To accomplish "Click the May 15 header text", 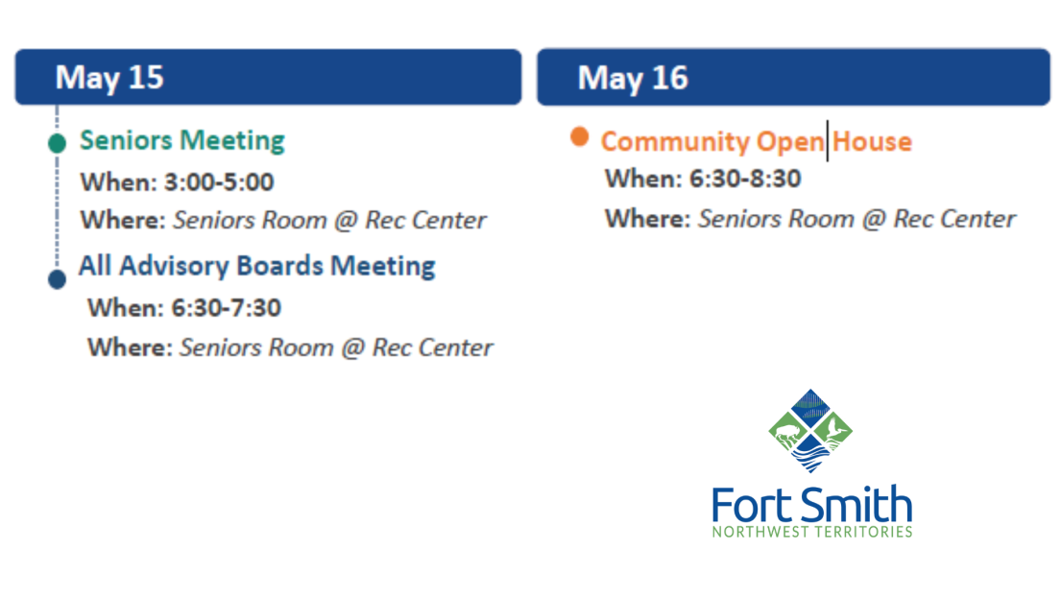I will point(109,77).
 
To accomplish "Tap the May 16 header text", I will point(633,78).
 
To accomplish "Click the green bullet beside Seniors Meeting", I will point(57,144).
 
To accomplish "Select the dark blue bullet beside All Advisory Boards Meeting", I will point(57,279).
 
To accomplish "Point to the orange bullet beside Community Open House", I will point(579,136).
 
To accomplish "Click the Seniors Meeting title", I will point(182,140).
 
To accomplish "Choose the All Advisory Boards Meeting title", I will point(256,266).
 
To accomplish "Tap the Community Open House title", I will point(756,142).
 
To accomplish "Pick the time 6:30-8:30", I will point(745,179).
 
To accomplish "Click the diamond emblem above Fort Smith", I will point(811,431).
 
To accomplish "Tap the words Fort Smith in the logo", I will point(811,506).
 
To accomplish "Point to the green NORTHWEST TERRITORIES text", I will point(811,532).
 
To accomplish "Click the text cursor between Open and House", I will point(828,141).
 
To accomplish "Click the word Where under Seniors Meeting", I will point(122,220).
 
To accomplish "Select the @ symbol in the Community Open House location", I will point(873,219).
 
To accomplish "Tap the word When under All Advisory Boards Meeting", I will point(125,308).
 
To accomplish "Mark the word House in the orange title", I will point(872,142).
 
